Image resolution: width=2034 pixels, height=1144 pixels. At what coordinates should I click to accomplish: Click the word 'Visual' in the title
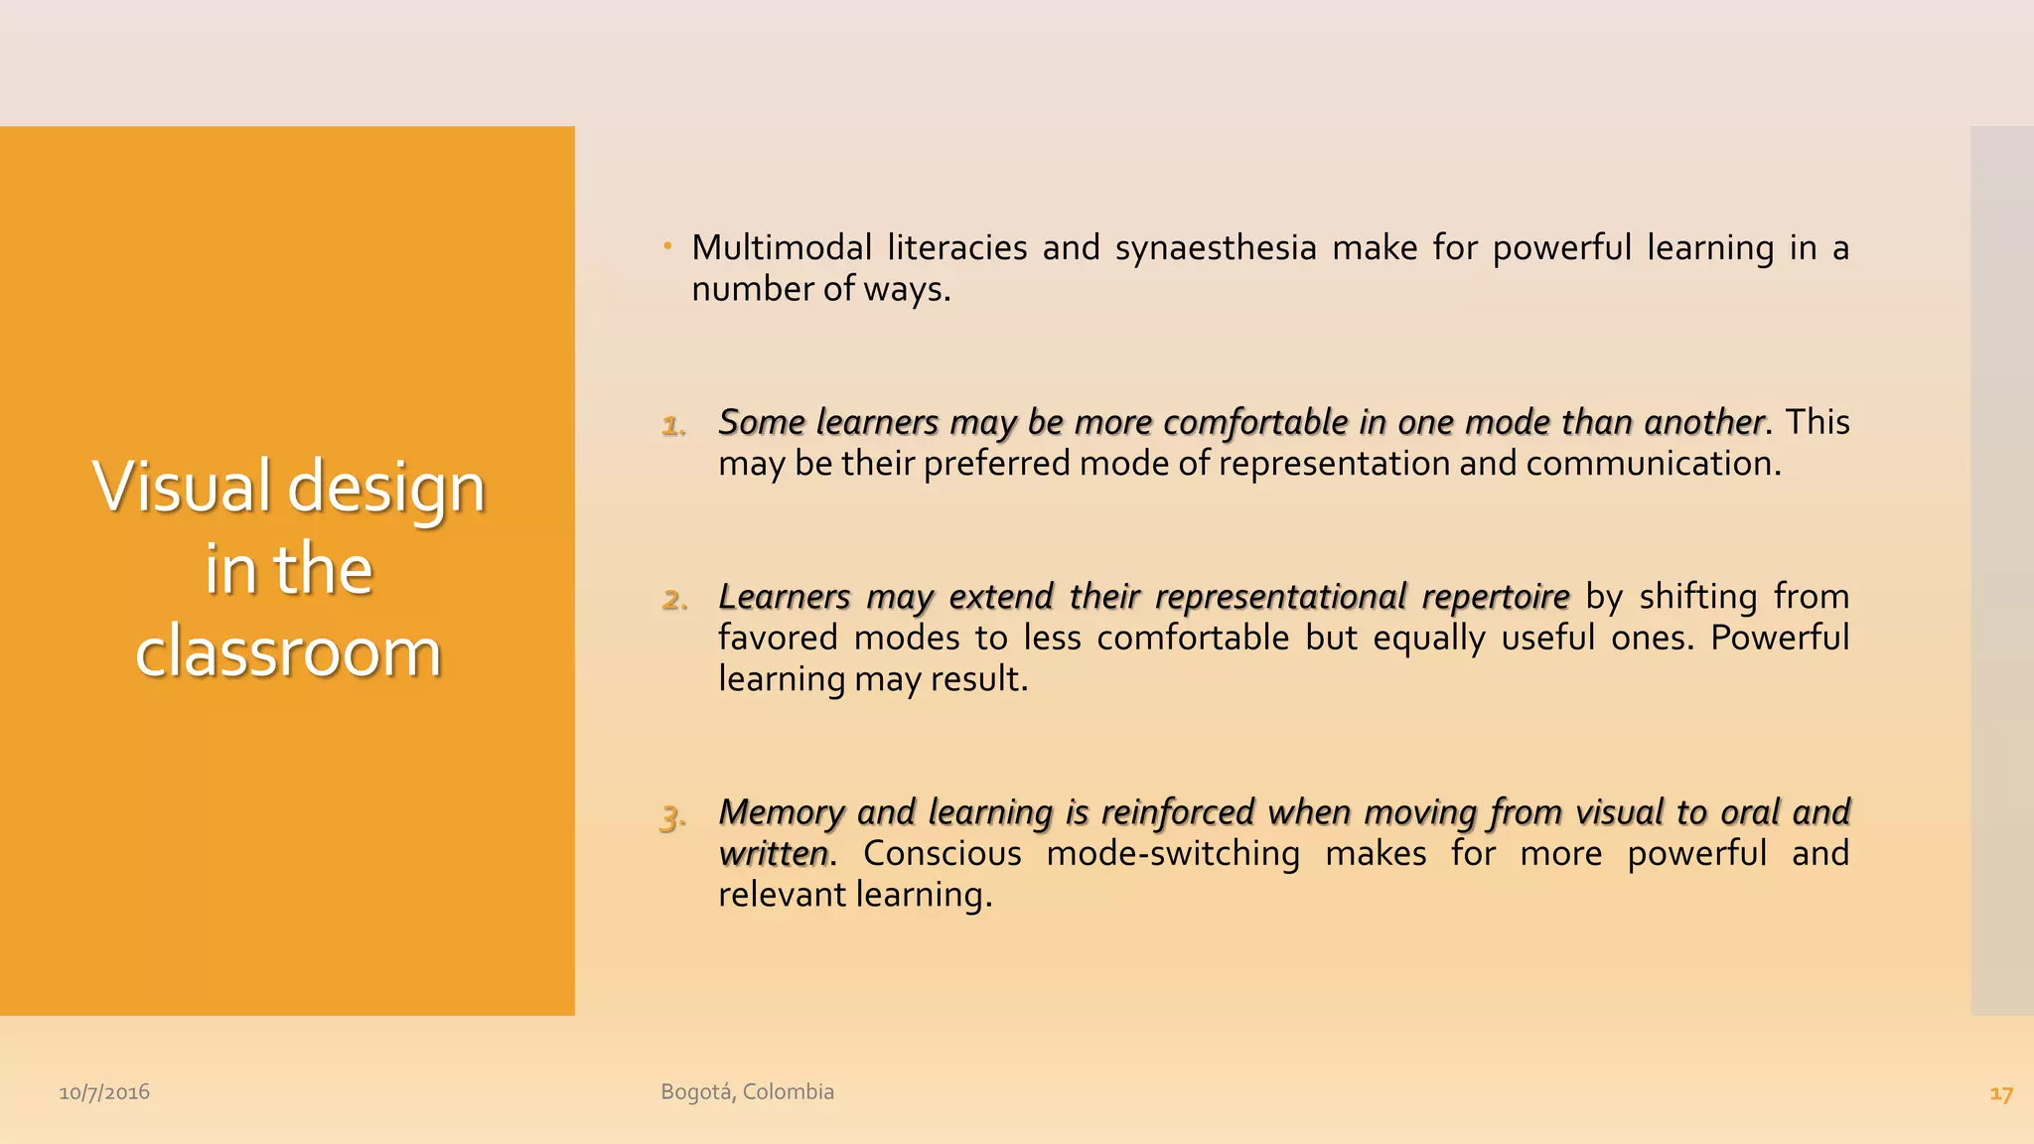181,487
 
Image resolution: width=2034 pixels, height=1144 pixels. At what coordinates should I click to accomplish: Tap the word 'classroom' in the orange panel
288,652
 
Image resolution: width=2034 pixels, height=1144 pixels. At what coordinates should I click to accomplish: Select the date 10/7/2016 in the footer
104,1092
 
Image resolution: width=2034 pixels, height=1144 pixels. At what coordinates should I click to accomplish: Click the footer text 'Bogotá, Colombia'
747,1091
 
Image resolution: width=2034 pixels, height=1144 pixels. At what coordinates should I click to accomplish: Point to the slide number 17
2000,1094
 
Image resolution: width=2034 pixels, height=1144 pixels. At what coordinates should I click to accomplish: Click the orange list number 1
673,426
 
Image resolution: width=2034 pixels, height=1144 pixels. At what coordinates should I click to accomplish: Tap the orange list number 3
672,818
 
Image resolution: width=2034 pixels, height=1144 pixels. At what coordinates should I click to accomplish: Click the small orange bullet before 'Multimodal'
668,245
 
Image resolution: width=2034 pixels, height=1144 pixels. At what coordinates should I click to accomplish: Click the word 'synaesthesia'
1216,248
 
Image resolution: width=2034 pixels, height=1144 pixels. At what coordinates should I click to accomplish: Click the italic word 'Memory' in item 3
781,812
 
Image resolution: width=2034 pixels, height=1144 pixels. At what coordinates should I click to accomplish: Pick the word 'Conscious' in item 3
942,853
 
